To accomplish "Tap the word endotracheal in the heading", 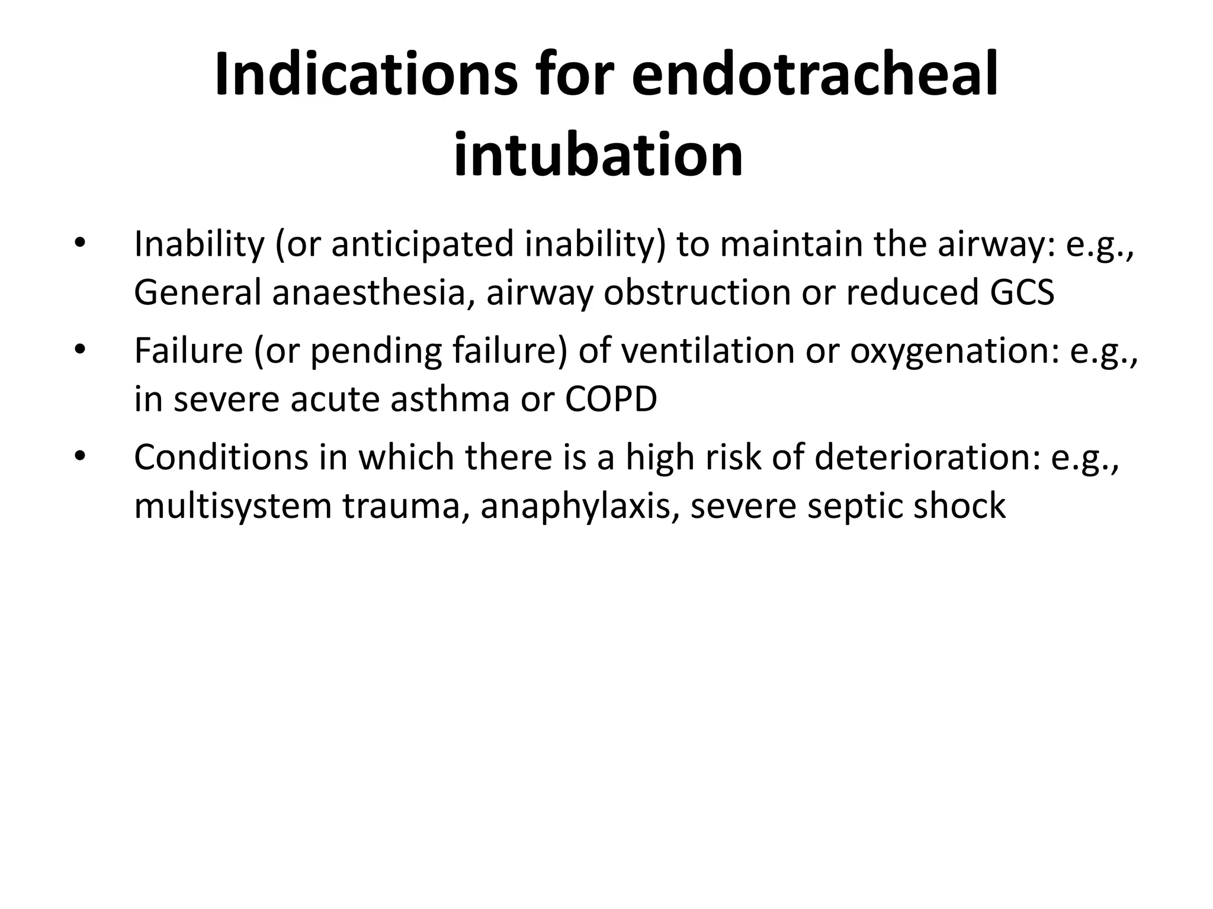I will point(815,75).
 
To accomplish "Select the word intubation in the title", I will point(598,156).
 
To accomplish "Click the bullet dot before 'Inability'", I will point(80,244).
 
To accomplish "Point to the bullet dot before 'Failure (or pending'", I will point(80,350).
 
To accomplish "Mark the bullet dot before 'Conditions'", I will point(80,456).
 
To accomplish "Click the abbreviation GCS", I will point(1021,292).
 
